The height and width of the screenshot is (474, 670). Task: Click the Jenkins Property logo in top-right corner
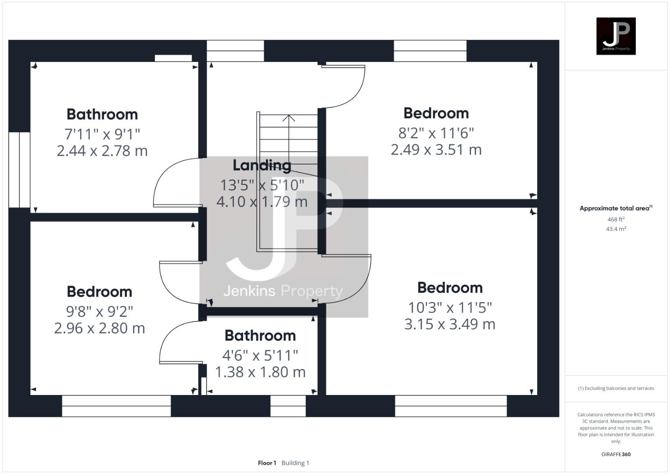pos(616,36)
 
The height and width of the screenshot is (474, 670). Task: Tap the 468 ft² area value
pos(616,219)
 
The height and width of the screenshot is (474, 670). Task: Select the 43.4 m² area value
pos(616,229)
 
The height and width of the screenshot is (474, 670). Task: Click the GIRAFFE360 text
pos(616,454)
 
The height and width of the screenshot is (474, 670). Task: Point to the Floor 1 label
pos(267,463)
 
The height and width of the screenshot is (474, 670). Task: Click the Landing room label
pos(262,165)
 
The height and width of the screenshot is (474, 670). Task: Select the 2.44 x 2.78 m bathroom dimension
pos(102,151)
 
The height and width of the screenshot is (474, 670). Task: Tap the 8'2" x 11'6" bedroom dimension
pos(436,133)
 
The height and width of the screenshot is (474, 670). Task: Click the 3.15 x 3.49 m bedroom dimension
pos(450,324)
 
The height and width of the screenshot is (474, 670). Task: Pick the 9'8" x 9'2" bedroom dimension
pos(99,311)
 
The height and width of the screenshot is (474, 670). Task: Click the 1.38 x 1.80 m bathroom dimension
pos(260,372)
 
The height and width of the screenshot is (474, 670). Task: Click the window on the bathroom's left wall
pos(19,169)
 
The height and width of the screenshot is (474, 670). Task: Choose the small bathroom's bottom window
pos(288,406)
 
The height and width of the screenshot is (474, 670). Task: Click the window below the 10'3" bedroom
pos(451,406)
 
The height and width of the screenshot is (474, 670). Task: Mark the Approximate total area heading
pos(616,208)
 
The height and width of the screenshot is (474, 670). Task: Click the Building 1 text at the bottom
pos(295,463)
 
